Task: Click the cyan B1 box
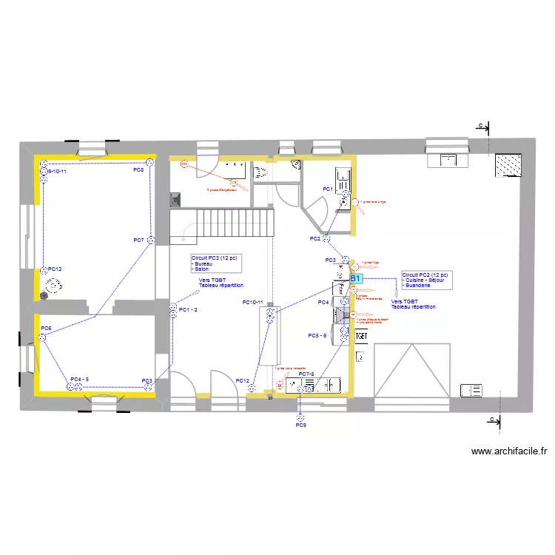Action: [355, 277]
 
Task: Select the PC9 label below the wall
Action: [300, 425]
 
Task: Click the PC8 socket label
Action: [138, 170]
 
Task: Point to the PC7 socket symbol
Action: [151, 240]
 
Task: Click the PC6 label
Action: [46, 328]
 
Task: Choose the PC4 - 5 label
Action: [79, 380]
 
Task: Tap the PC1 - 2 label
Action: [188, 309]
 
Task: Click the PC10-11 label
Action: [252, 302]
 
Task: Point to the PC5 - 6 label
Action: [317, 335]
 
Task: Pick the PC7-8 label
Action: [306, 374]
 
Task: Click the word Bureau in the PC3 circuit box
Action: [203, 263]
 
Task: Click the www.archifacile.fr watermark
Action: [508, 451]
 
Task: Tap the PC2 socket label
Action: [314, 238]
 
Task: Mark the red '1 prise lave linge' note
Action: [371, 200]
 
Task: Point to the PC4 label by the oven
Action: [323, 303]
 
